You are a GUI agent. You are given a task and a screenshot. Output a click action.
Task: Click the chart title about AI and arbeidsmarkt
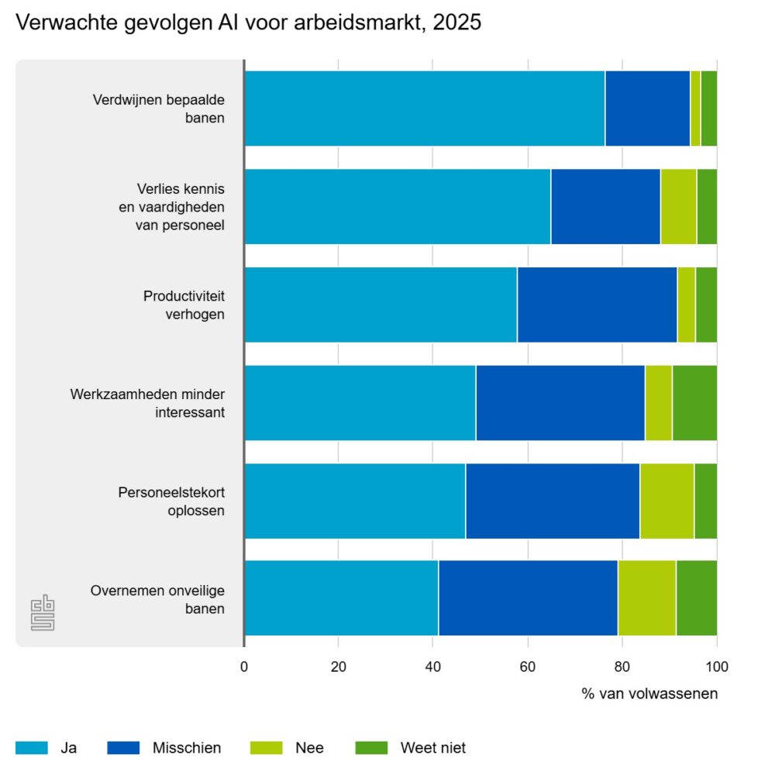(248, 23)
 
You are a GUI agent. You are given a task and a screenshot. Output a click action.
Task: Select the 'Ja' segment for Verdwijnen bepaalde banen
(424, 108)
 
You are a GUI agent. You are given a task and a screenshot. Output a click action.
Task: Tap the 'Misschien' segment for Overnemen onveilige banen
(528, 598)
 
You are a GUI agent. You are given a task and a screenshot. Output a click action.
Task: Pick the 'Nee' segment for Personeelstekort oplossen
(666, 501)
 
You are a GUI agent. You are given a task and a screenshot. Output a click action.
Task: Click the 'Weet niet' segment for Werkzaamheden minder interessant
(694, 403)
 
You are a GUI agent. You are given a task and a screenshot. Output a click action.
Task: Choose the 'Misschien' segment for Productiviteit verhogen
(597, 305)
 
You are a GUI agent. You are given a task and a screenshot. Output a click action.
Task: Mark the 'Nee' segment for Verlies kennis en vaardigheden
(678, 207)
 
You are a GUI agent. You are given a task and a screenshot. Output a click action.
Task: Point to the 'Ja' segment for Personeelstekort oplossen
(355, 501)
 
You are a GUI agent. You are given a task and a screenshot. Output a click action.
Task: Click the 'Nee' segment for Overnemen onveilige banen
(646, 598)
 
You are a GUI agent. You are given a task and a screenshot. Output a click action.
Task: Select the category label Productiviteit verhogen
(184, 305)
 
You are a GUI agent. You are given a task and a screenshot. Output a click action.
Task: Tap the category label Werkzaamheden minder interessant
(147, 403)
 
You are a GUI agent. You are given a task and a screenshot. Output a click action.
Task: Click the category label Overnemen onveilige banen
(157, 598)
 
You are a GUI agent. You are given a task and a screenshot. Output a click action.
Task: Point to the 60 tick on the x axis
(528, 665)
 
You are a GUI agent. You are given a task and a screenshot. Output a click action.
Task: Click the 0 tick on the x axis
(244, 665)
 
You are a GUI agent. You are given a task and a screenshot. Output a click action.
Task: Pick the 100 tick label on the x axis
(717, 665)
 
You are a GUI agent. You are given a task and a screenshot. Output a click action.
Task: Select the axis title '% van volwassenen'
(649, 694)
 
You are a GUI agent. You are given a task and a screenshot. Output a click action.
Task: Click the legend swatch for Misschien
(123, 748)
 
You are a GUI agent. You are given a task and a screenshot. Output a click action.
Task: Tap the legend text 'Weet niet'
(432, 748)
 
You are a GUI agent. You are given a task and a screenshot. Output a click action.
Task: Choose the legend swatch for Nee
(266, 748)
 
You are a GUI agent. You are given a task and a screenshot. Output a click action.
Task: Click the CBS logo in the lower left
(43, 613)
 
